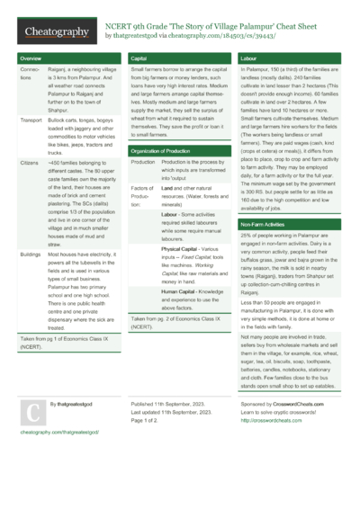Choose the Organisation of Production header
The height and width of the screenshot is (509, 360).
point(167,151)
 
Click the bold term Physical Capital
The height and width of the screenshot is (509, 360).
point(185,248)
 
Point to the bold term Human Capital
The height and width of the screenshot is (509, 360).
point(184,291)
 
